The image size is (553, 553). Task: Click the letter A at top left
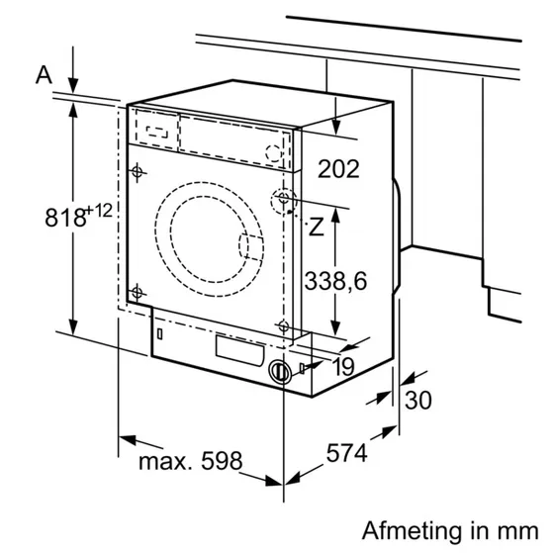tap(43, 74)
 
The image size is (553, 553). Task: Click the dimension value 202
tap(339, 169)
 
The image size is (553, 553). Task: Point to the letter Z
tap(316, 227)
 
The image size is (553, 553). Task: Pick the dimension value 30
tap(419, 400)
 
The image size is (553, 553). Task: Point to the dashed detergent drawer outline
tap(158, 129)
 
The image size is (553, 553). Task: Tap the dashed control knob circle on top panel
tap(276, 150)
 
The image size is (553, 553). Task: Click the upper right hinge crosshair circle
tap(285, 201)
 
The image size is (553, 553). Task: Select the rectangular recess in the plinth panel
tap(239, 349)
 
